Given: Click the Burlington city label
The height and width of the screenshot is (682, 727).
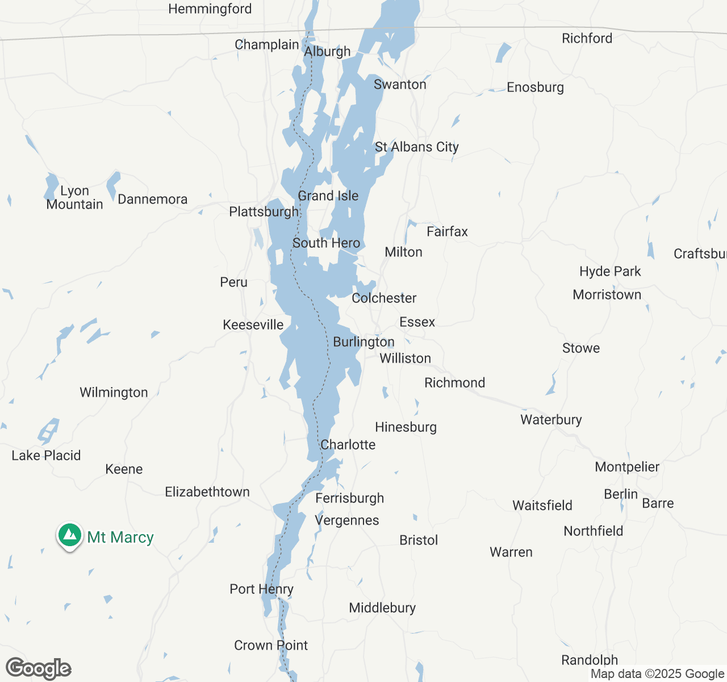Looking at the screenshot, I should pyautogui.click(x=363, y=342).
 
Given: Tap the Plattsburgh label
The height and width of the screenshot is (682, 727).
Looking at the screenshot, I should pyautogui.click(x=264, y=212).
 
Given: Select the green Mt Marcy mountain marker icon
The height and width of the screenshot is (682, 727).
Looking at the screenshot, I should pyautogui.click(x=70, y=535).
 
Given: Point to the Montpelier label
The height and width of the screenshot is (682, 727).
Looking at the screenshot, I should pyautogui.click(x=627, y=467).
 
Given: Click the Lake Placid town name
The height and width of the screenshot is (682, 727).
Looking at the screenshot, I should pyautogui.click(x=46, y=455).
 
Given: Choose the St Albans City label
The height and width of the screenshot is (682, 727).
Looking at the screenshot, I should pyautogui.click(x=416, y=147).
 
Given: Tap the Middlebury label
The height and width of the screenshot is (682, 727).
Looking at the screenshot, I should pyautogui.click(x=382, y=608).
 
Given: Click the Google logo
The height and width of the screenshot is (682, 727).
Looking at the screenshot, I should pyautogui.click(x=39, y=668).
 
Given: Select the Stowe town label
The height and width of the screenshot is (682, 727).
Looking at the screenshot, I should pyautogui.click(x=580, y=348).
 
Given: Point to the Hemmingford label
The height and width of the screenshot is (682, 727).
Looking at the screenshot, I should pyautogui.click(x=210, y=9).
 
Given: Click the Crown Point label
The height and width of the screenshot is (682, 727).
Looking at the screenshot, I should pyautogui.click(x=271, y=645).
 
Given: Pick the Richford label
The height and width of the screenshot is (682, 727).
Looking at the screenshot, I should pyautogui.click(x=587, y=39).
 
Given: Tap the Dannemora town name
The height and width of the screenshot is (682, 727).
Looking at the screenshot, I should pyautogui.click(x=152, y=199).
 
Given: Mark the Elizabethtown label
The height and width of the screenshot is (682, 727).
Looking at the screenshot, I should pyautogui.click(x=207, y=492).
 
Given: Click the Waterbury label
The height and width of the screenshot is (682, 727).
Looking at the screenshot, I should pyautogui.click(x=551, y=420).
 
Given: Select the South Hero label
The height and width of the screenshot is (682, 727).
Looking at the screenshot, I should pyautogui.click(x=326, y=243).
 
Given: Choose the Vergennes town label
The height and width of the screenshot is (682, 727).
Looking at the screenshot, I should pyautogui.click(x=347, y=521).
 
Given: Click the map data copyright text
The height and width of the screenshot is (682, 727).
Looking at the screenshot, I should pyautogui.click(x=657, y=674).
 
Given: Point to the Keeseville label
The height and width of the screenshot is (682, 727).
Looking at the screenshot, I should pyautogui.click(x=253, y=325).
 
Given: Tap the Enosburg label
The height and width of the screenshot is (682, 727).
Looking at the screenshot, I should pyautogui.click(x=535, y=88).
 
